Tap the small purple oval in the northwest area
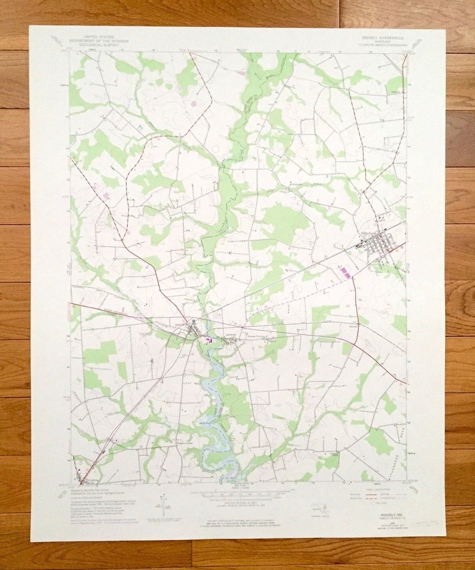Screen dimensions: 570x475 194,104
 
